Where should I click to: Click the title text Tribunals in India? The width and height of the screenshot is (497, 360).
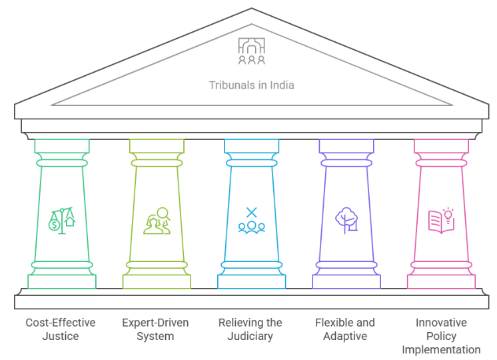click(251, 85)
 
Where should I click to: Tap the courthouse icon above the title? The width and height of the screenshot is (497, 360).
click(251, 51)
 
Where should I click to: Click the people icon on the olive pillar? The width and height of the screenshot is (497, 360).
click(157, 221)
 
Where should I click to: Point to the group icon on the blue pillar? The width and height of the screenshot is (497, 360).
click(251, 221)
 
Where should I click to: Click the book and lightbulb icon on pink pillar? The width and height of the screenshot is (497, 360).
click(441, 219)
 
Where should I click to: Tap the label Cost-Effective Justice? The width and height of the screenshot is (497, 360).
click(61, 329)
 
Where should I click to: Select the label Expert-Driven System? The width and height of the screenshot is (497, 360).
click(155, 329)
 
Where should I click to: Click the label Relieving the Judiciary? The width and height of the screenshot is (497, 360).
click(250, 329)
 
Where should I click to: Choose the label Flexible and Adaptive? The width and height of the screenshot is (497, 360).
click(345, 329)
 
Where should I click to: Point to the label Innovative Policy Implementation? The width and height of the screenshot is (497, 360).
click(441, 336)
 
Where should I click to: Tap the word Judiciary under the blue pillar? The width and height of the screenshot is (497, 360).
click(250, 337)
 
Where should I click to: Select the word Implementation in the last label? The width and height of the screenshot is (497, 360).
click(441, 350)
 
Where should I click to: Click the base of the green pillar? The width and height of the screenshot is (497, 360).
click(61, 281)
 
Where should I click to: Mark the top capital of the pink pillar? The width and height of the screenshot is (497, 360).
click(441, 145)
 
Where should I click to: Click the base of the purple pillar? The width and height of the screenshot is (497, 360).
click(346, 281)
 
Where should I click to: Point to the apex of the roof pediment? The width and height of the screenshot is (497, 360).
click(251, 11)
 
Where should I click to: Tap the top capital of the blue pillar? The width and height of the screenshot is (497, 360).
click(251, 145)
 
